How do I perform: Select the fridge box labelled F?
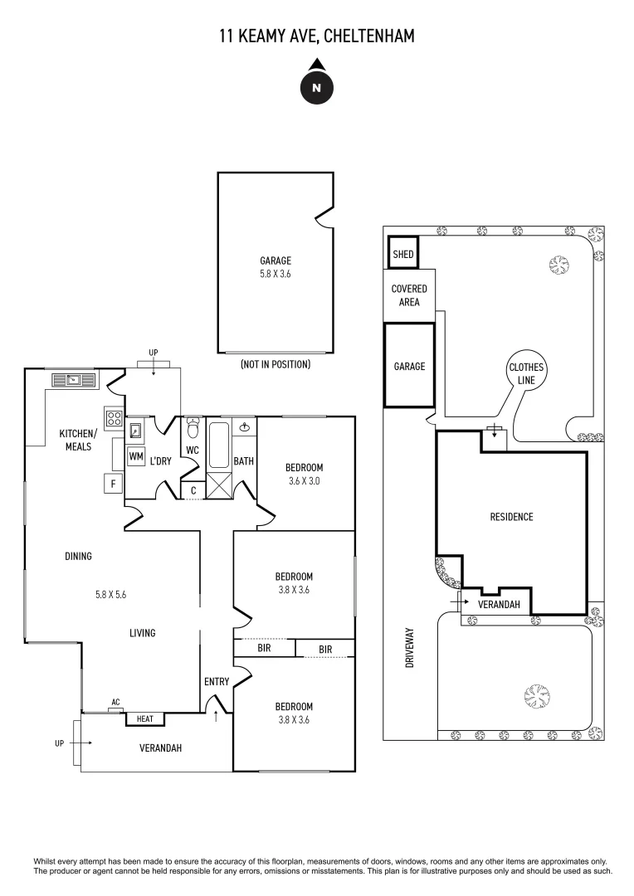[x=111, y=484]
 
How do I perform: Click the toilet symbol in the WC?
[x=193, y=427]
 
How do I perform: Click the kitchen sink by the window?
[x=74, y=380]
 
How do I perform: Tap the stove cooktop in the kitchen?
[x=114, y=419]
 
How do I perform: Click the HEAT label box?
[x=144, y=718]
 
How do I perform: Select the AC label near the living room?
[x=115, y=703]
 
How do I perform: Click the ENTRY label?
[x=217, y=681]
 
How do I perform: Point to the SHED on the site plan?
[x=403, y=255]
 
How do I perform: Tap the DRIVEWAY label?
[x=410, y=650]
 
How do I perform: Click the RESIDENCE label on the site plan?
[x=511, y=517]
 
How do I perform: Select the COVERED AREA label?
[x=409, y=295]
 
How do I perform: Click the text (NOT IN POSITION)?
[x=275, y=364]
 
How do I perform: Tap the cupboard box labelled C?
[x=193, y=490]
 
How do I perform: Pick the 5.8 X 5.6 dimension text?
[x=110, y=594]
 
